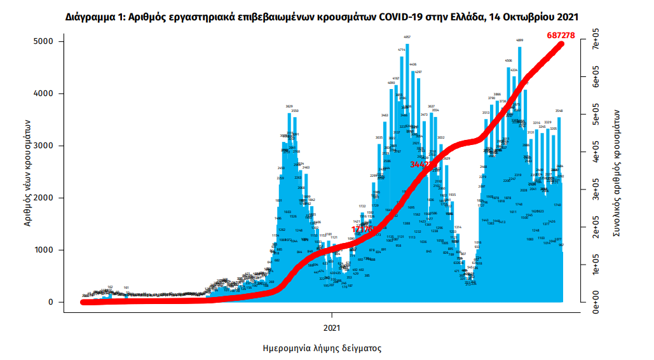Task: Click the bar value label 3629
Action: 289,106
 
